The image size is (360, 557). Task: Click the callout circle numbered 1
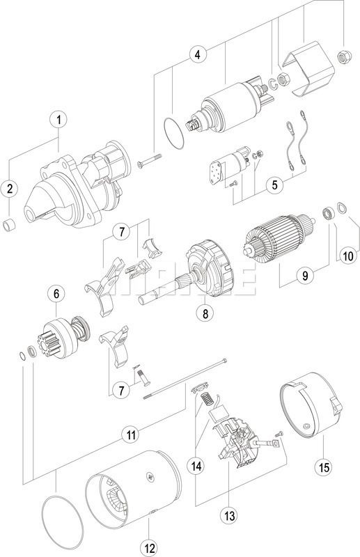58,120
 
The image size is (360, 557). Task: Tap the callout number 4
198,54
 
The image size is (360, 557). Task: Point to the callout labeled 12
149,548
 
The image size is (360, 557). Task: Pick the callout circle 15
324,466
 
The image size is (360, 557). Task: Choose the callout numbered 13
229,515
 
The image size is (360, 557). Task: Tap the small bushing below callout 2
8,225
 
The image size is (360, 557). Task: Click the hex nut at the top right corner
344,57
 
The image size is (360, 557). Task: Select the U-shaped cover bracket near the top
308,68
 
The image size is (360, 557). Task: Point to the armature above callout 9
280,239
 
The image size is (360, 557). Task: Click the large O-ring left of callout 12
63,521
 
